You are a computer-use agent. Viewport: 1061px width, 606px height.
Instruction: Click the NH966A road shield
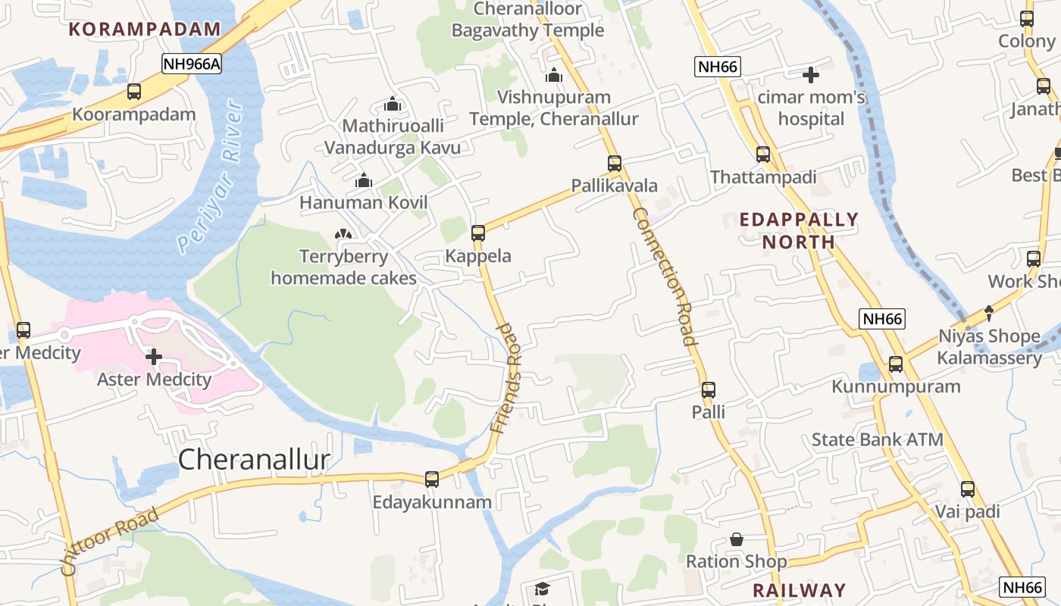pos(192,64)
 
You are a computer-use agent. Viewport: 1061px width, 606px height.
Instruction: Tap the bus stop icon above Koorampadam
pos(134,92)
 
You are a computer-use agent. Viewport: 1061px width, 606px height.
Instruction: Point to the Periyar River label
pos(211,177)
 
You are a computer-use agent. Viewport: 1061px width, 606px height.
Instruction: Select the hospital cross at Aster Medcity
pos(154,356)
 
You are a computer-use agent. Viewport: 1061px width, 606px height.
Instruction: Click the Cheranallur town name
pos(254,460)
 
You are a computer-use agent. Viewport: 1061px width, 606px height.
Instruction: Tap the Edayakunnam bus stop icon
pos(432,479)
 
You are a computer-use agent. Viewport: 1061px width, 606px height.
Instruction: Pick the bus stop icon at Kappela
pos(478,233)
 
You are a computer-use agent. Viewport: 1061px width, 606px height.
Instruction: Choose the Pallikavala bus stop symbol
pos(615,163)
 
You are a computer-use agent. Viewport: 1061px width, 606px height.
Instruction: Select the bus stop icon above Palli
pos(709,390)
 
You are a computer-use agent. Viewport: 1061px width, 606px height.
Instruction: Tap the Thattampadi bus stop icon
pos(762,155)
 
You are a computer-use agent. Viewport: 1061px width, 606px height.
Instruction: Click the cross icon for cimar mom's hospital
pos(811,75)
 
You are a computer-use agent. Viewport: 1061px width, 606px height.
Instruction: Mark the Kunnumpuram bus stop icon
pos(896,364)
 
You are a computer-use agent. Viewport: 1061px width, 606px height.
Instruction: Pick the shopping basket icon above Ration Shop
pos(737,539)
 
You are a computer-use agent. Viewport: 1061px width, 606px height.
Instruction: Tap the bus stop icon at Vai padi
pos(968,489)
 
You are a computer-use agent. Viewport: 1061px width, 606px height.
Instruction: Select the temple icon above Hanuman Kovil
pos(364,180)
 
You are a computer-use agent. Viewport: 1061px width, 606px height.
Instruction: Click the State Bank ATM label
pos(877,439)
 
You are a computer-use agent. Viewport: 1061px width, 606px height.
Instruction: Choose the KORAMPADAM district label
pos(145,30)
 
